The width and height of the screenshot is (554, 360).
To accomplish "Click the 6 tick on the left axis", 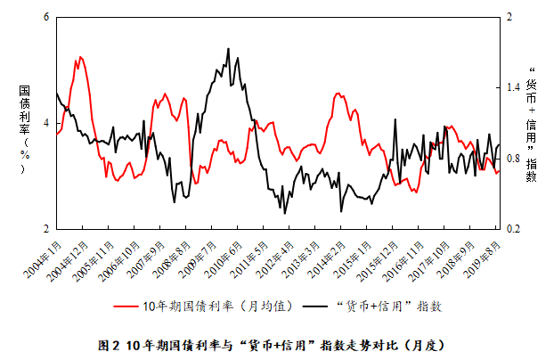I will [x=45, y=17].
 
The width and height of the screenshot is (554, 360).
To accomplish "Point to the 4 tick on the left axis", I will [x=45, y=123].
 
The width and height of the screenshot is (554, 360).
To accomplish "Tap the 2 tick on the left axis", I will [x=45, y=229].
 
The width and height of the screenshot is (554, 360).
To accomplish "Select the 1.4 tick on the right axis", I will [x=512, y=88].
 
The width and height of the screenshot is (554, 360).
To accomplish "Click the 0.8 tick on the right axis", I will [x=512, y=159].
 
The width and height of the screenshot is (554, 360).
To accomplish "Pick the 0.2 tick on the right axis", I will [x=512, y=229].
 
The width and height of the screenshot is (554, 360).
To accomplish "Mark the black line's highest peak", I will [x=228, y=49].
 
